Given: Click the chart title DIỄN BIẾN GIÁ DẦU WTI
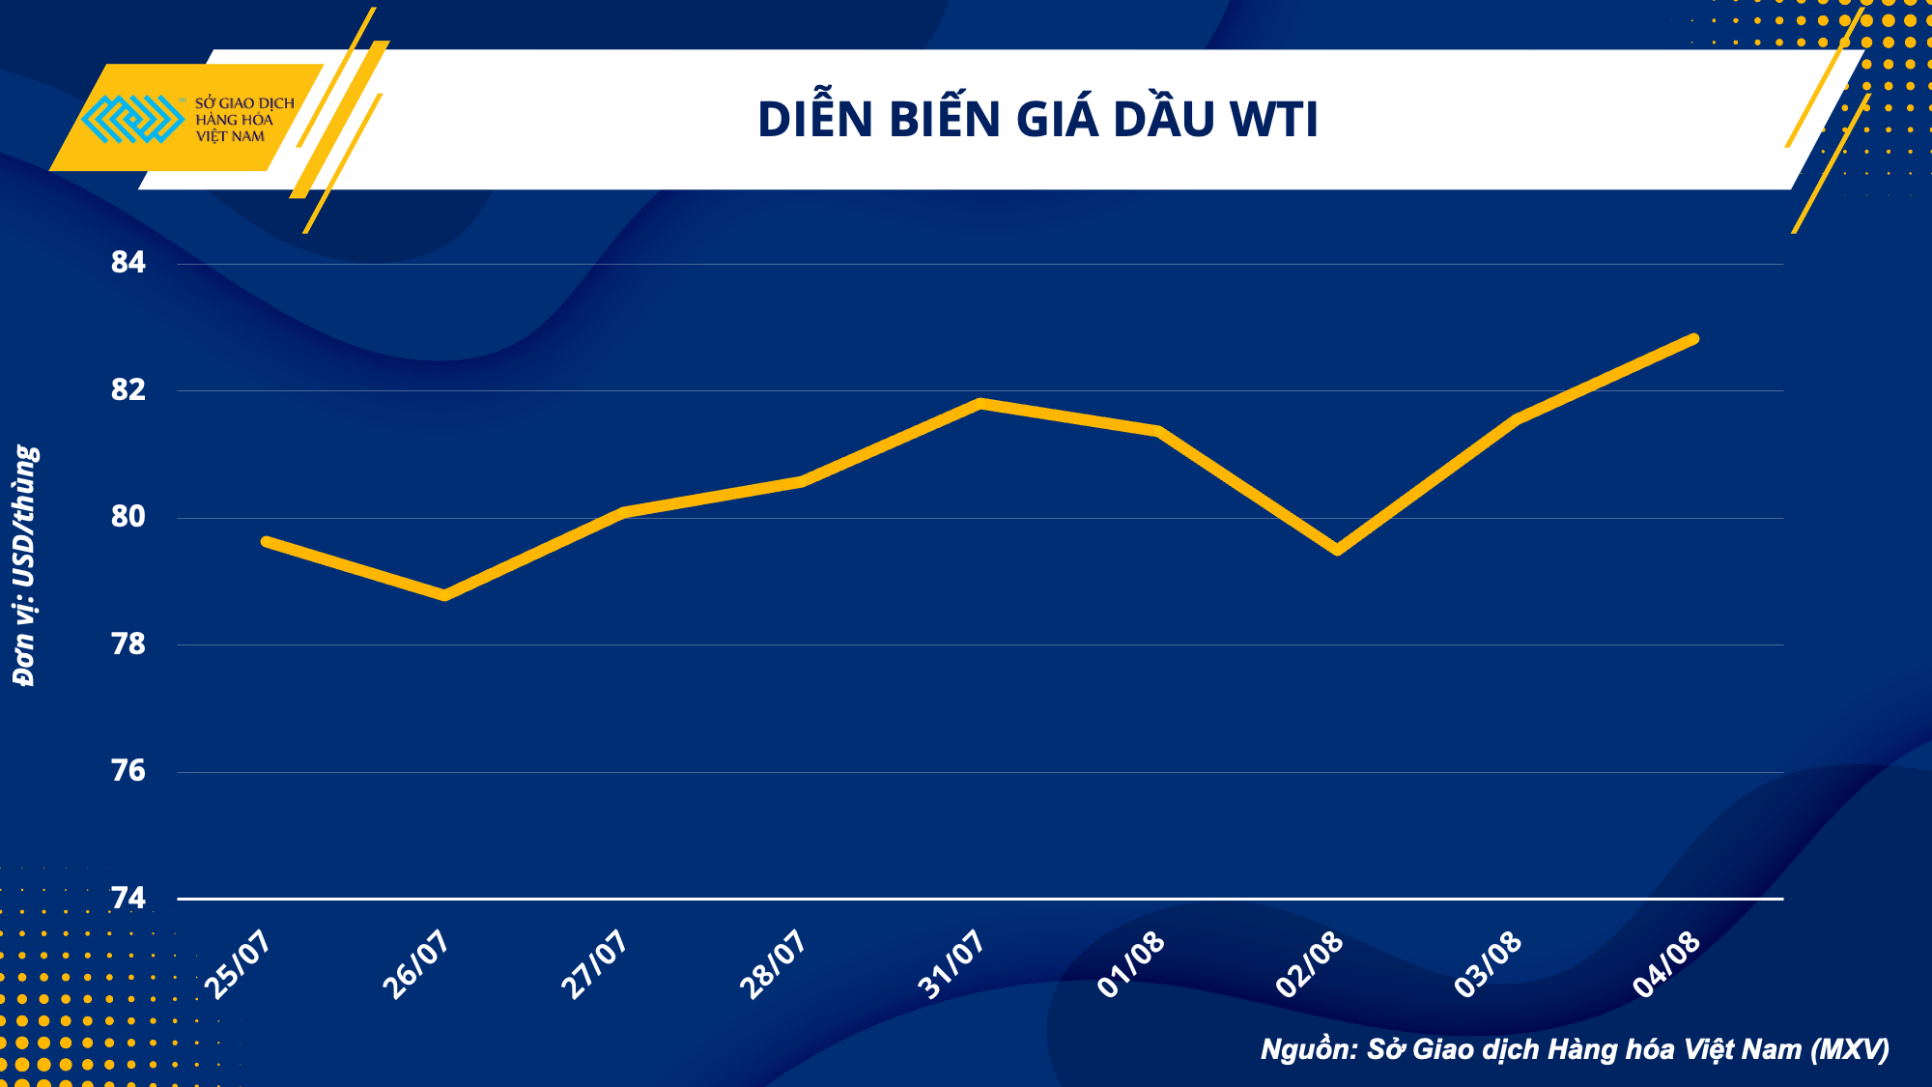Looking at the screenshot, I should [x=1037, y=120].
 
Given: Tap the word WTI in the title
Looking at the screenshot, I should [x=1273, y=120].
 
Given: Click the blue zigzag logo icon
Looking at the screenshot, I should [x=132, y=119].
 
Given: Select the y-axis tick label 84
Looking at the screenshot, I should [x=128, y=262].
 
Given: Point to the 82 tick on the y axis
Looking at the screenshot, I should [x=128, y=389].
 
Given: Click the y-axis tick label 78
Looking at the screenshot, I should [x=128, y=644].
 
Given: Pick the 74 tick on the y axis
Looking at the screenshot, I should [x=128, y=899].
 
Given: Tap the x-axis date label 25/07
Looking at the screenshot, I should [x=238, y=964].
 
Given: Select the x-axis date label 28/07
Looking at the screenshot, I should [x=773, y=964].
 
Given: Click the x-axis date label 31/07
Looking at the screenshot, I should [x=952, y=964].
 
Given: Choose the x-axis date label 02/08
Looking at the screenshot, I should [x=1309, y=964].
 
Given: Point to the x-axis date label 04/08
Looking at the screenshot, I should [x=1665, y=964].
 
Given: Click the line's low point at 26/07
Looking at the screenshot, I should [x=444, y=595].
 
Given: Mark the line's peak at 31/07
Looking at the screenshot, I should [x=980, y=403].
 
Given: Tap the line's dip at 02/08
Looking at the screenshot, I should [x=1337, y=550].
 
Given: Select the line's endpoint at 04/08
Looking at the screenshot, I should [x=1693, y=339].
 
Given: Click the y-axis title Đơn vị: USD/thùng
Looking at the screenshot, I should [x=25, y=565].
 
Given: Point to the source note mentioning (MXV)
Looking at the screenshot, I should [x=1575, y=1049].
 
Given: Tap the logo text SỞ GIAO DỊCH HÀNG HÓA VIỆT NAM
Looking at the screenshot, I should [x=243, y=120].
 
